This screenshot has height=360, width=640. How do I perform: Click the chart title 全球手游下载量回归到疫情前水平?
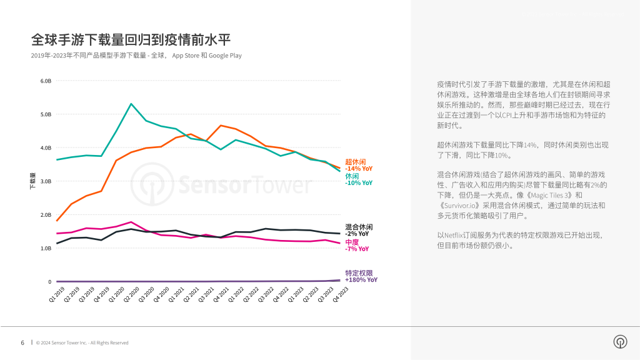click(131, 40)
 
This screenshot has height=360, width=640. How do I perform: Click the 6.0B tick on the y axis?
click(46, 81)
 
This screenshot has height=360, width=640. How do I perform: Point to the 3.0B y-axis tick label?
click(46, 181)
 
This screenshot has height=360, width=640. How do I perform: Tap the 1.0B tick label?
click(46, 248)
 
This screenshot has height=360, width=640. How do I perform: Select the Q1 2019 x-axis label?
click(57, 295)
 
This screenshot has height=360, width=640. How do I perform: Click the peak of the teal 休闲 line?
click(131, 104)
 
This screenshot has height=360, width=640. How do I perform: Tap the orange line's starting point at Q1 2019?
click(57, 221)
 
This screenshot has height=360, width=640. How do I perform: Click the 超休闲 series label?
click(356, 162)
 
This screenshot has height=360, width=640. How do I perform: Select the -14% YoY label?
click(359, 169)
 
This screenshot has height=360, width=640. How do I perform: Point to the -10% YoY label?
click(359, 183)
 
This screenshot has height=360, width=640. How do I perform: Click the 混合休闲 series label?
click(359, 227)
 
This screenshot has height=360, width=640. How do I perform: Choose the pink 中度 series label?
click(352, 242)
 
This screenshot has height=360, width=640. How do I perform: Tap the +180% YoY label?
click(361, 280)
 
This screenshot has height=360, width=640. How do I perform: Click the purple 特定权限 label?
click(359, 273)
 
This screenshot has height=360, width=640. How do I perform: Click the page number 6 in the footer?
click(22, 342)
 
